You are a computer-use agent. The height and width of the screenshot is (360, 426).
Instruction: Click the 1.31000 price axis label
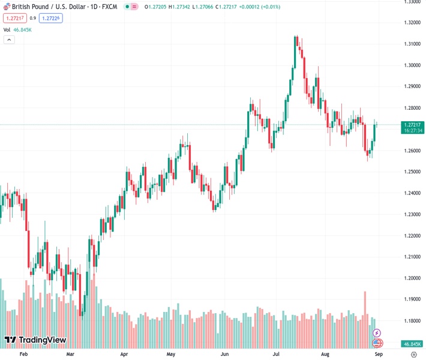click(412, 44)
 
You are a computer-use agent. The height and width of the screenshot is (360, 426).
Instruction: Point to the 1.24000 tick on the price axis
click(412, 193)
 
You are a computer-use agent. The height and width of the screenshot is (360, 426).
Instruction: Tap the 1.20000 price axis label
click(412, 278)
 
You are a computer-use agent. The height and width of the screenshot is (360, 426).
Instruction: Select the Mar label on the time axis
click(71, 355)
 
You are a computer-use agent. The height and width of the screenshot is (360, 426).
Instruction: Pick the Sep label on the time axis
click(379, 355)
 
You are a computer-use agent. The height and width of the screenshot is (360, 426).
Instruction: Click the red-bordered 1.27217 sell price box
click(13, 18)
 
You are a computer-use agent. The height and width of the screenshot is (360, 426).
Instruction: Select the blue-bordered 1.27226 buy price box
click(50, 18)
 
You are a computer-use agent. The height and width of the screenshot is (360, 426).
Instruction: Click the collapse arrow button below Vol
click(8, 40)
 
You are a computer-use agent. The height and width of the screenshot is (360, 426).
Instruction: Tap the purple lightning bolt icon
click(377, 332)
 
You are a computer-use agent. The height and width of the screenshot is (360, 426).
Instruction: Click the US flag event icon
click(377, 343)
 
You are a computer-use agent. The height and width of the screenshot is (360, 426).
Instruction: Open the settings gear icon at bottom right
click(413, 355)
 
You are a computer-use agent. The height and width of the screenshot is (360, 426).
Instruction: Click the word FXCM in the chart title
click(109, 7)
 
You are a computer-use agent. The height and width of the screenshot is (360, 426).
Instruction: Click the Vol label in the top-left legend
click(7, 29)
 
